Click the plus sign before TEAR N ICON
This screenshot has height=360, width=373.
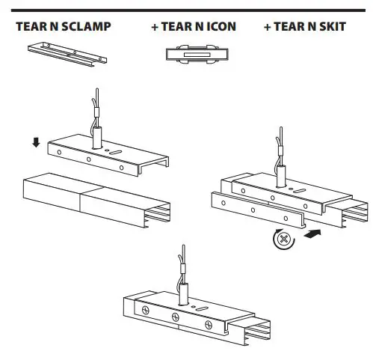point(154,27)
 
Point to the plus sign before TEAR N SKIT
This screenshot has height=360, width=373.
point(268,27)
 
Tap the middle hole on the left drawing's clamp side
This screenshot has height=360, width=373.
point(88,159)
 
